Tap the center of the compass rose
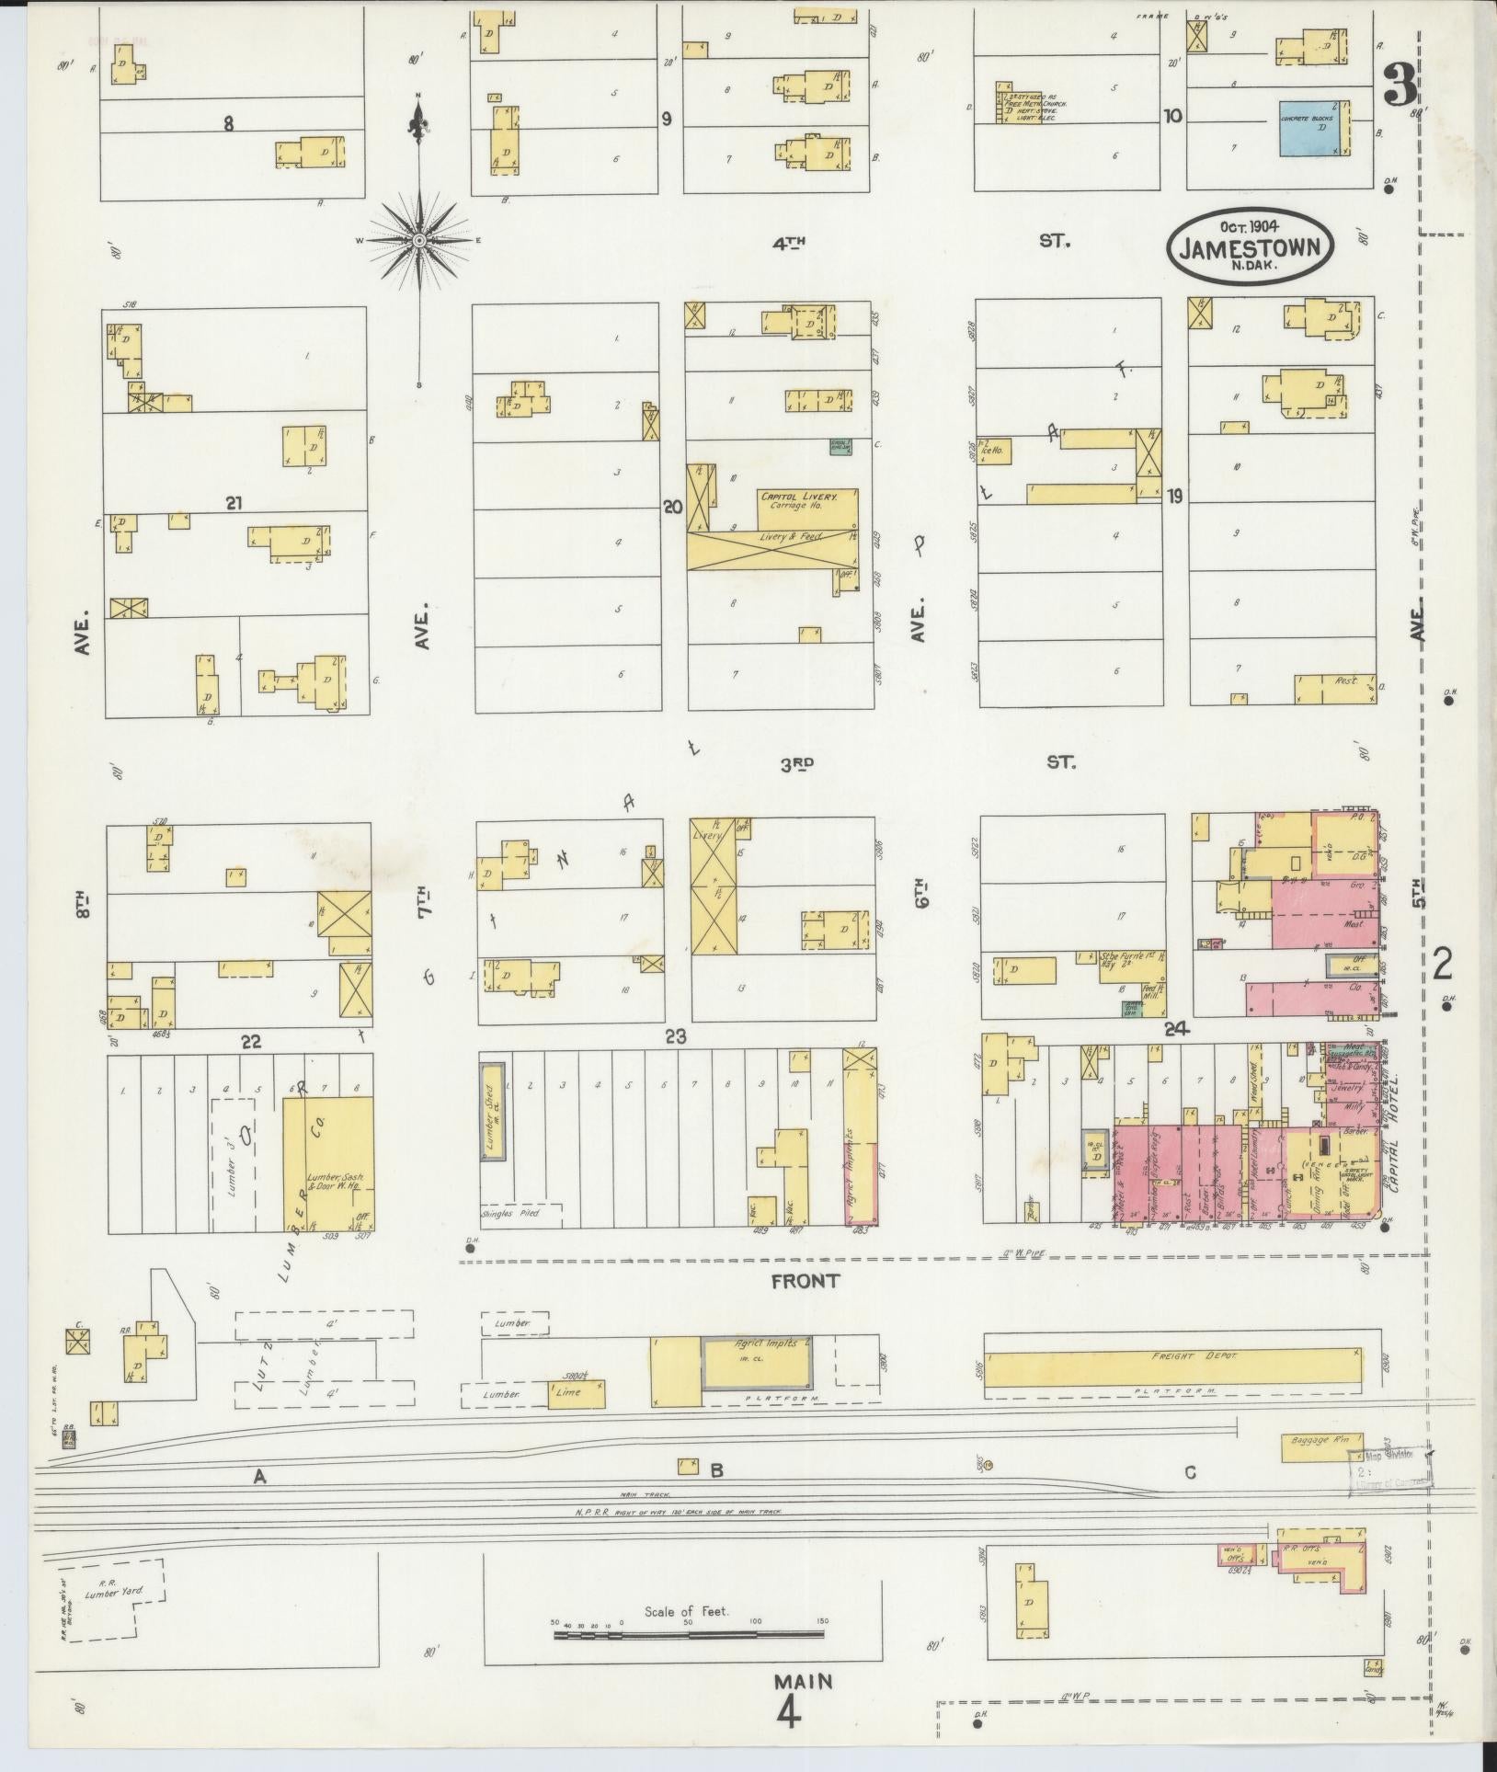419,240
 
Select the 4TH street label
789,243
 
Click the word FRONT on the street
806,1280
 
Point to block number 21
234,503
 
